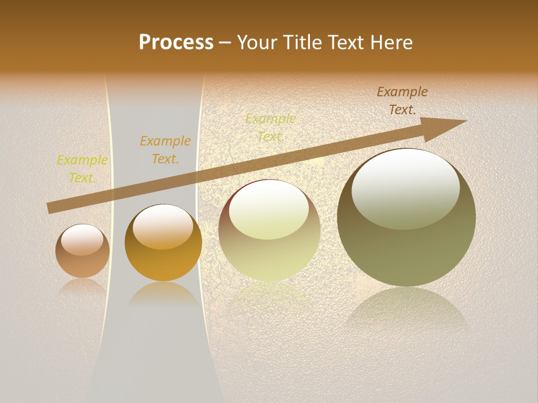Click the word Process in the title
tap(176, 43)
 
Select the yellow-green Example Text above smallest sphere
tap(82, 169)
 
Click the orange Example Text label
tap(165, 150)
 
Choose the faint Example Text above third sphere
tap(271, 128)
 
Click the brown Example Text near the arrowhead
tap(402, 101)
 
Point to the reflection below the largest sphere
tap(406, 308)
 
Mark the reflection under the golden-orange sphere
tap(163, 294)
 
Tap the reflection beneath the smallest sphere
tap(82, 287)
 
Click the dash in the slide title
tap(225, 43)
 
